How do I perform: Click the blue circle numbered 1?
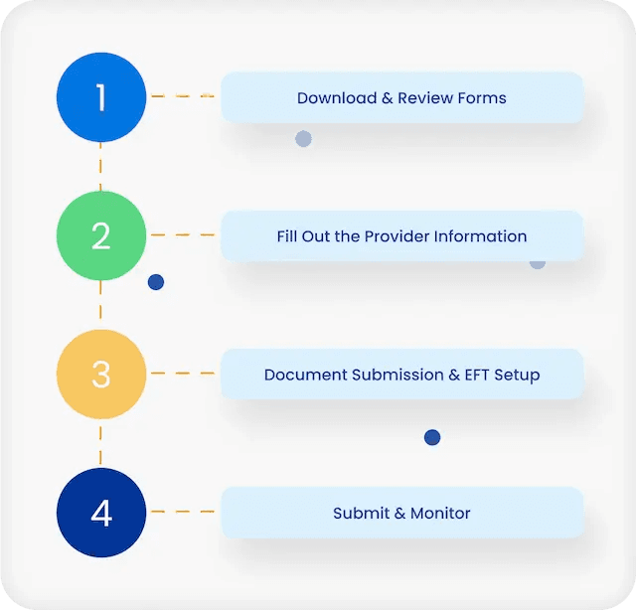click(100, 97)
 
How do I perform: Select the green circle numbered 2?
click(100, 235)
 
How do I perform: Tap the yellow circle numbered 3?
click(100, 374)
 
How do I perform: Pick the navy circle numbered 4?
click(100, 513)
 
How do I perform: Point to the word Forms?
click(481, 97)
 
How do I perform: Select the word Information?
click(480, 236)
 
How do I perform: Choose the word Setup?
click(517, 375)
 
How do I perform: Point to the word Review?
click(423, 97)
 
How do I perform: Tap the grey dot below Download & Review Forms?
click(303, 139)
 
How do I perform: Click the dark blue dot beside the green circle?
click(156, 282)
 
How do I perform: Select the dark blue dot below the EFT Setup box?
click(431, 437)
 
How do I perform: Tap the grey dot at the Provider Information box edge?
click(538, 262)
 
